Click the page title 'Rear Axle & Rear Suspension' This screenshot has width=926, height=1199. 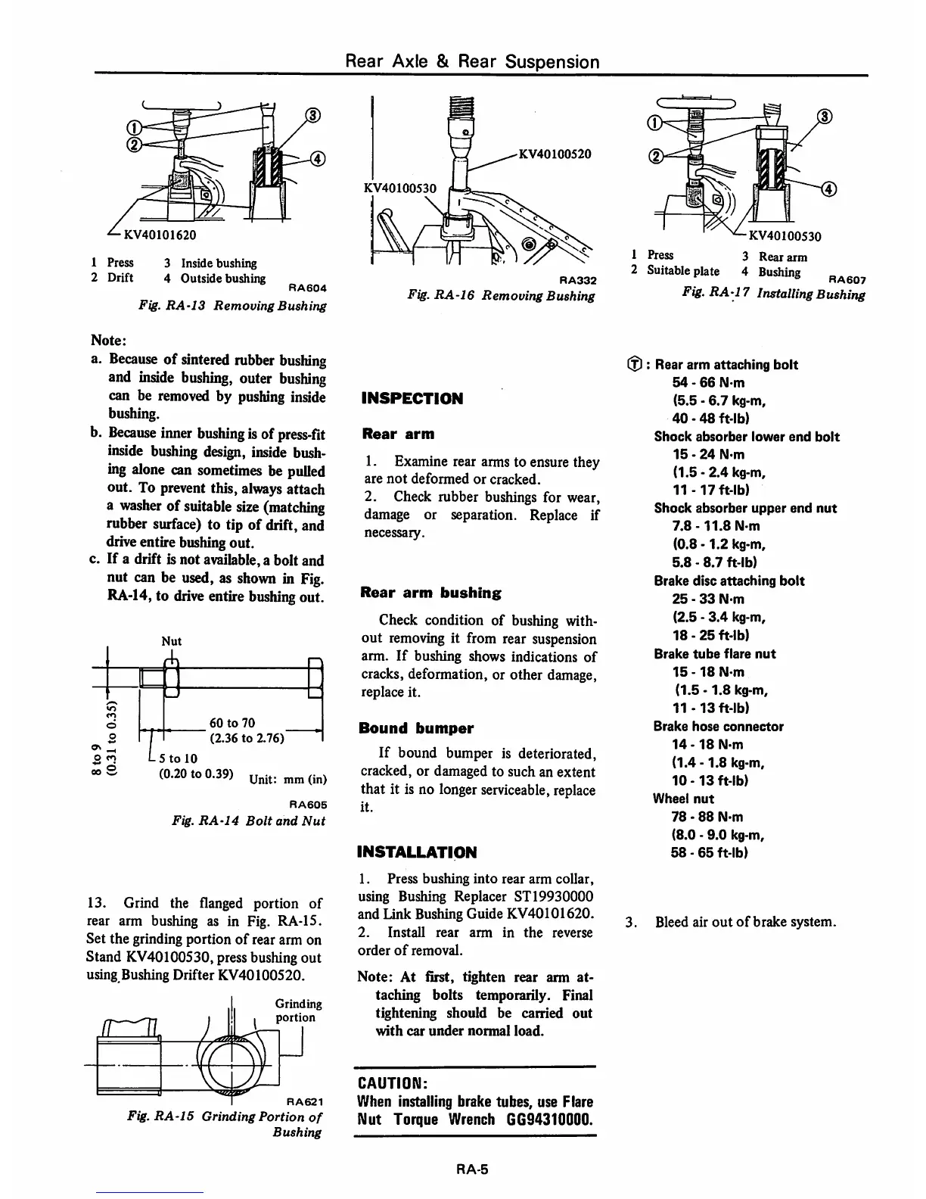click(472, 61)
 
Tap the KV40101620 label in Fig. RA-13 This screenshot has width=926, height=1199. click(156, 235)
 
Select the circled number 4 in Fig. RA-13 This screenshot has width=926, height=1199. click(318, 158)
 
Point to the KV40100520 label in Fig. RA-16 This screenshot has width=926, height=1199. click(554, 154)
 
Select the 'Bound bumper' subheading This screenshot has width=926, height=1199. click(418, 728)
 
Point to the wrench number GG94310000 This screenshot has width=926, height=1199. click(541, 1119)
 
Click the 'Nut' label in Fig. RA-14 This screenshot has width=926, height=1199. click(172, 641)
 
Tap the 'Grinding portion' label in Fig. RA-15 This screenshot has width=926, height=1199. click(298, 1011)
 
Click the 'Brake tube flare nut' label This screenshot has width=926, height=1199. click(715, 653)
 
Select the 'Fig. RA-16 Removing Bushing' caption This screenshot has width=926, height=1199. click(500, 296)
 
